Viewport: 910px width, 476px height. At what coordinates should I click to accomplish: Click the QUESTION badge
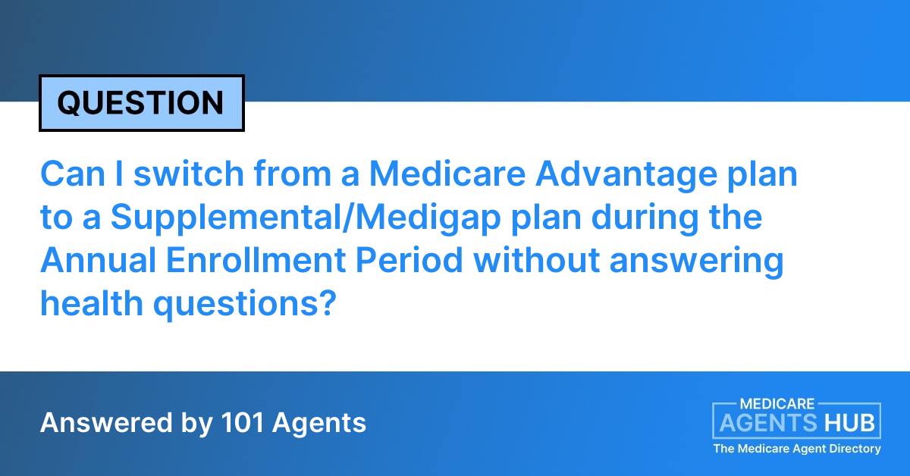(x=141, y=103)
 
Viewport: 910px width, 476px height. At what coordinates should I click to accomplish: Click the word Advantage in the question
(x=629, y=175)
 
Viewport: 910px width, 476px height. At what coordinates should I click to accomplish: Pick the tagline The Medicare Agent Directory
(x=796, y=449)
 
